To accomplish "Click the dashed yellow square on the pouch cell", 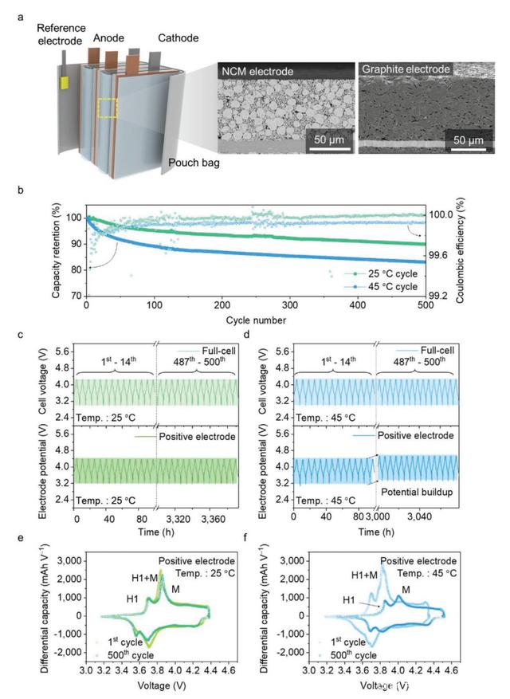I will tap(107, 108).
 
